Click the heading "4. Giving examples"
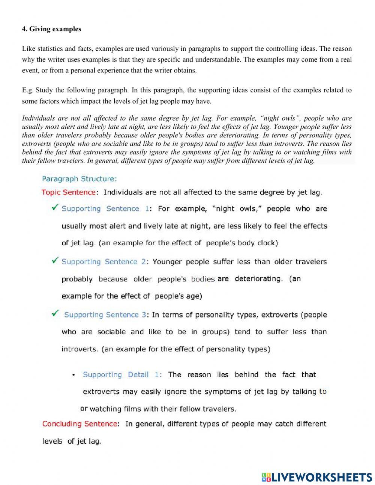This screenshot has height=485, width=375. click(x=51, y=29)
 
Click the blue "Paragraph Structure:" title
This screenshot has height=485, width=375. click(x=79, y=178)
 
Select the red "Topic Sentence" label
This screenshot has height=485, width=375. click(x=69, y=192)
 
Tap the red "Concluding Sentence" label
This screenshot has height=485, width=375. click(x=80, y=424)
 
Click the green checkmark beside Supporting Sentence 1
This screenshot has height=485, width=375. click(x=55, y=207)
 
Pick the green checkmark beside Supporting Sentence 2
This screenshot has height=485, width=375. click(x=55, y=260)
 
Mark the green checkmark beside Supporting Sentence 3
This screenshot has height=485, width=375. click(x=55, y=313)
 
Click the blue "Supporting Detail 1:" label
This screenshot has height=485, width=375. click(x=122, y=375)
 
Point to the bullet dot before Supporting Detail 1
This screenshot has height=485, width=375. click(x=73, y=375)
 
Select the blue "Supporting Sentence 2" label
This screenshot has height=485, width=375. click(x=103, y=262)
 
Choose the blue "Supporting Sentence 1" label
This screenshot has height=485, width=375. click(x=105, y=209)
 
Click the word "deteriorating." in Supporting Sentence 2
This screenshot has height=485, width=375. click(x=258, y=279)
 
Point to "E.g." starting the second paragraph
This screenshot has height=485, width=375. click(x=28, y=90)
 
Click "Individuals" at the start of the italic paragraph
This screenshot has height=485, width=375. click(x=38, y=118)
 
